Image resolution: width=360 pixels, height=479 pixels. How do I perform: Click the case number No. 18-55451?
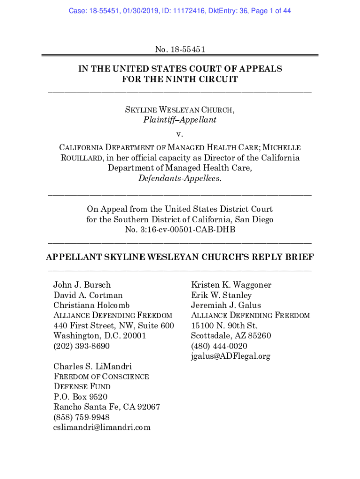[180, 49]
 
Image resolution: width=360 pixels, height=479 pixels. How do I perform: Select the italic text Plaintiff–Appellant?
[180, 120]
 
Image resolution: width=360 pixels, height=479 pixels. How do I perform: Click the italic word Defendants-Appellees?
[180, 178]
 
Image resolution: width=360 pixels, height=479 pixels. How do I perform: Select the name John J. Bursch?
[82, 285]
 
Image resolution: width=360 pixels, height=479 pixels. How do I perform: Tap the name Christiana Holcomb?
[92, 305]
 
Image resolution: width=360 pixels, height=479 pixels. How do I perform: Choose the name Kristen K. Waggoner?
[231, 285]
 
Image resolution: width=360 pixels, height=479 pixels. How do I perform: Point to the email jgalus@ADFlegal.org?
[230, 356]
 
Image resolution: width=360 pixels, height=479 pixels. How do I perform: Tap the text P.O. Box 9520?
[77, 397]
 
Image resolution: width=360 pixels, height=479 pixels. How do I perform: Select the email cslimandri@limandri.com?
[102, 427]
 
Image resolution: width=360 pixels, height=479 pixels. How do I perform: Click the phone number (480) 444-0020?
[219, 346]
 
